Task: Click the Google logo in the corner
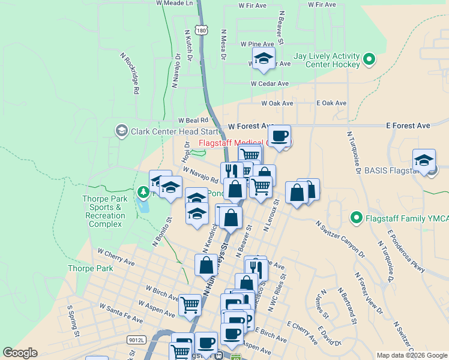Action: (20, 353)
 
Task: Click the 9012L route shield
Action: (137, 340)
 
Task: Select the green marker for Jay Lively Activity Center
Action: (369, 59)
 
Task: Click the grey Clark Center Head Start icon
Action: (121, 131)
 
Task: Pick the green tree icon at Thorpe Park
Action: (143, 193)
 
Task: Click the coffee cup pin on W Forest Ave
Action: (279, 136)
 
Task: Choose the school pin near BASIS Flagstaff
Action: (424, 160)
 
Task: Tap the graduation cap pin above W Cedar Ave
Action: (262, 59)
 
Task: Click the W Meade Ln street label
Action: (177, 3)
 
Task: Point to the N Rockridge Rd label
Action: (130, 73)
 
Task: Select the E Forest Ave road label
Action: (408, 126)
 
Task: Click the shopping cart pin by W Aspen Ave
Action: (190, 304)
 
